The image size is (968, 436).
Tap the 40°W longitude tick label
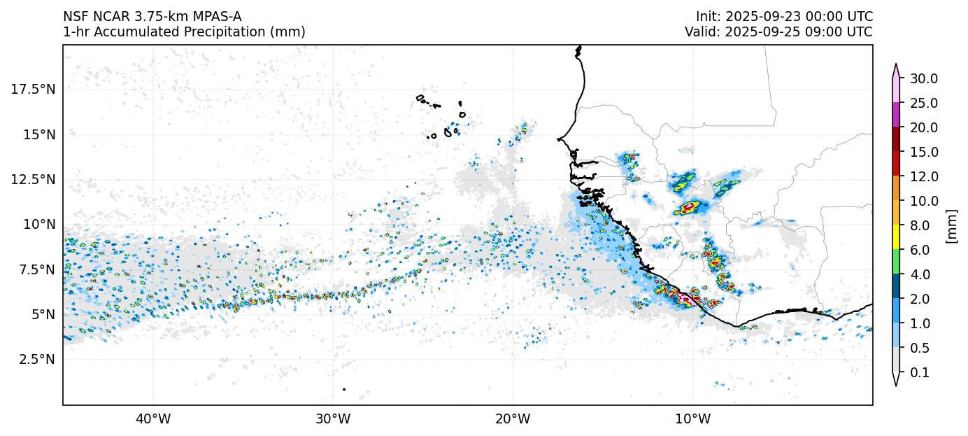tap(152, 419)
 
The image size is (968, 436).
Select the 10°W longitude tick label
tap(693, 419)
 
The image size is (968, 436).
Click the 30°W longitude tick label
tap(333, 419)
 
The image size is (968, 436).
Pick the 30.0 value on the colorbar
tap(923, 78)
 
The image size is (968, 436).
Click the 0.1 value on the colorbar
tap(920, 373)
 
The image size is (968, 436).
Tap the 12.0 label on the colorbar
tap(923, 176)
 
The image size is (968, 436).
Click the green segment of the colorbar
tap(895, 262)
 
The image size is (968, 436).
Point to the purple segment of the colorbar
tap(895, 115)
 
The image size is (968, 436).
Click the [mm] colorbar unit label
tap(951, 225)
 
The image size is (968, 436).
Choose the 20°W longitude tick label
tap(513, 419)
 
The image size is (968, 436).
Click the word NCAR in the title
tap(104, 16)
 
